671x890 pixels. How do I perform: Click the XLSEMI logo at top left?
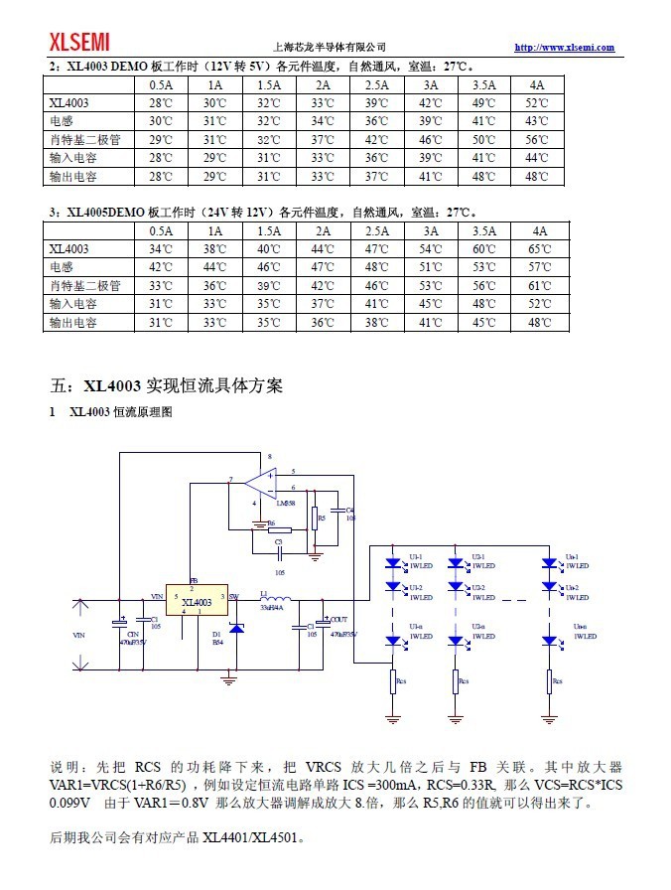(x=80, y=42)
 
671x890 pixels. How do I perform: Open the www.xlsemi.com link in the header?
(x=564, y=48)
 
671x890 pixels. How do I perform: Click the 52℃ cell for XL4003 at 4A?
(x=537, y=103)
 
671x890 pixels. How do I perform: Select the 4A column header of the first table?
(x=537, y=85)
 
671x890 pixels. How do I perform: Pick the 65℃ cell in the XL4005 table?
(x=537, y=249)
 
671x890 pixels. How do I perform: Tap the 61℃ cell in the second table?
(x=537, y=286)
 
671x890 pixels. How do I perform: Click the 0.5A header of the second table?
(x=161, y=230)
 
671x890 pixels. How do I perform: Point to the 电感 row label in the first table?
(x=62, y=121)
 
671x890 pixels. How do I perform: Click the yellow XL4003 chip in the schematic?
(x=197, y=602)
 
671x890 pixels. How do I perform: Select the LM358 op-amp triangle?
(x=260, y=484)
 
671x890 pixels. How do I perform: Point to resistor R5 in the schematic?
(x=315, y=518)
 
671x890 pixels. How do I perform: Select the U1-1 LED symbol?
(x=394, y=563)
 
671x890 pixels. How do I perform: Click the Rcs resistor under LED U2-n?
(x=457, y=681)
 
